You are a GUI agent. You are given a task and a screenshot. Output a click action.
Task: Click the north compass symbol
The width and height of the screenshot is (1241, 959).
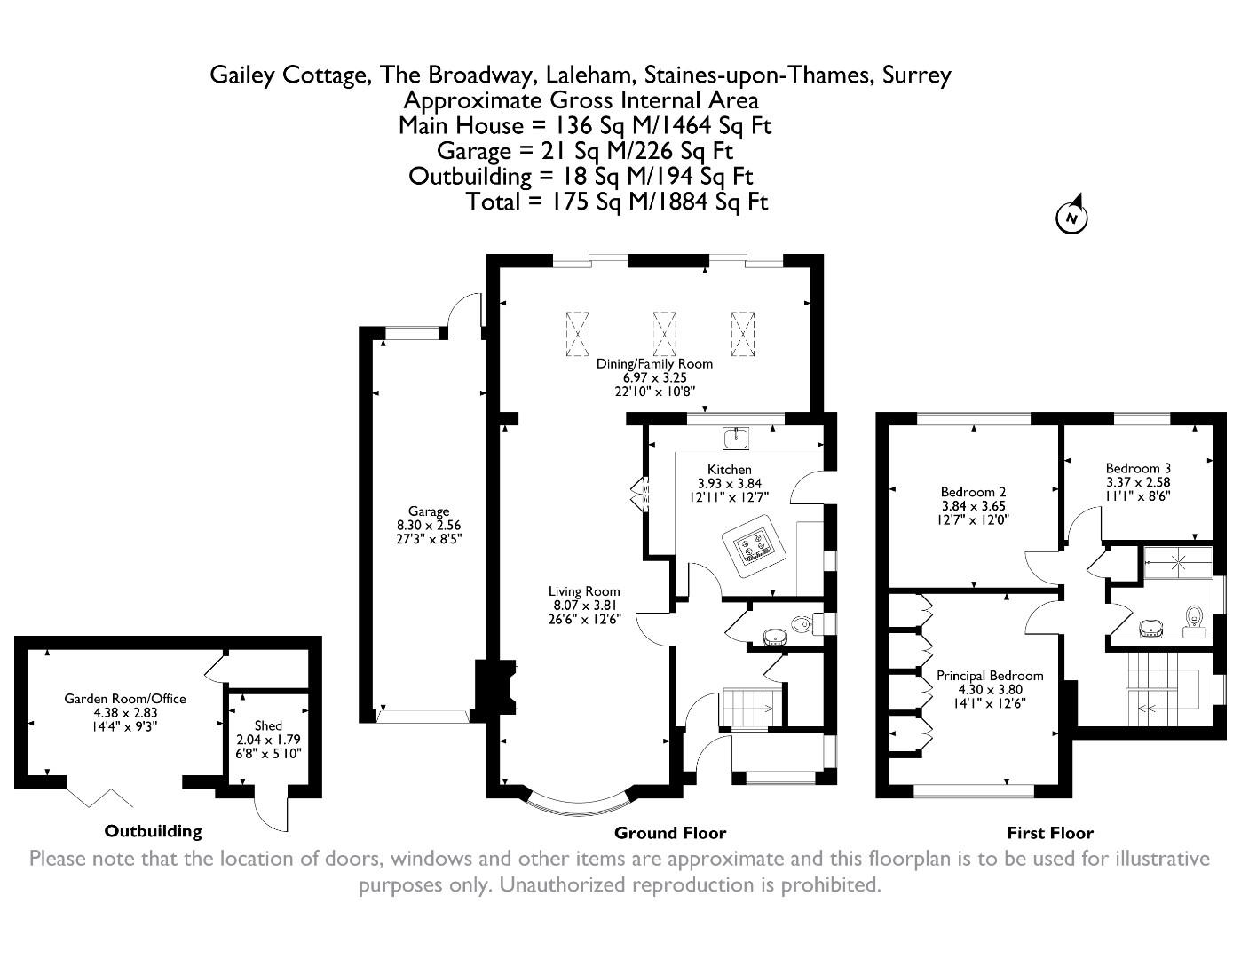1071,217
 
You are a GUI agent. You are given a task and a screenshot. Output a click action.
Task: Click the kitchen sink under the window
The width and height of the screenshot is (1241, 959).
737,438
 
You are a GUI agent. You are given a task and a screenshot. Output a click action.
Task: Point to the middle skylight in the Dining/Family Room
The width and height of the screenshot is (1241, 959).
665,332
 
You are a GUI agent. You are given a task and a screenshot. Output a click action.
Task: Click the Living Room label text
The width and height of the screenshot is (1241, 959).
583,591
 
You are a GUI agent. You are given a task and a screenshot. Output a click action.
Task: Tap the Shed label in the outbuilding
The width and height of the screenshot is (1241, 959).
267,725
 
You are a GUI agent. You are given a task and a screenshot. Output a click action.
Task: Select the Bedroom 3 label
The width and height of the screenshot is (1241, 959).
1138,468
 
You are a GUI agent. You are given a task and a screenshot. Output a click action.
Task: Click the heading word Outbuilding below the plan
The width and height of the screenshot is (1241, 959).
153,832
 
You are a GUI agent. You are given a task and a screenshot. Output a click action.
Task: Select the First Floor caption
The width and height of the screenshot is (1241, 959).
1049,833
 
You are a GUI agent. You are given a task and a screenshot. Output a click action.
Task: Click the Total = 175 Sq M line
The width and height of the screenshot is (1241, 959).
616,202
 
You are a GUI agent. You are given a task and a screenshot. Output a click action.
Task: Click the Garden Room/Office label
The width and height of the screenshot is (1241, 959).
125,699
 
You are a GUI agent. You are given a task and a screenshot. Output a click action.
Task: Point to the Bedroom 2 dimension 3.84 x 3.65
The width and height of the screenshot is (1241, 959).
973,506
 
